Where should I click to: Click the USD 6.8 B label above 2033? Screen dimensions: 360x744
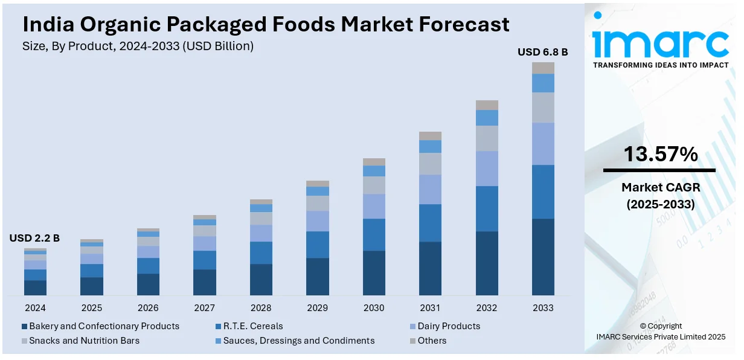pyautogui.click(x=542, y=53)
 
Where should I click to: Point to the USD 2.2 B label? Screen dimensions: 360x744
pyautogui.click(x=34, y=239)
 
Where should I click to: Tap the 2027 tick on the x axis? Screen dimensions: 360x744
pyautogui.click(x=204, y=308)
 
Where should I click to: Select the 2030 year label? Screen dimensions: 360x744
pyautogui.click(x=374, y=308)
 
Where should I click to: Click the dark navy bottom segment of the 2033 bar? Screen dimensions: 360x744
pyautogui.click(x=543, y=257)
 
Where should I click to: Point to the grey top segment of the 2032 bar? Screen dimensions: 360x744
pyautogui.click(x=487, y=105)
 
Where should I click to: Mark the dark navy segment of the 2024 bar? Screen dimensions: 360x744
pyautogui.click(x=35, y=288)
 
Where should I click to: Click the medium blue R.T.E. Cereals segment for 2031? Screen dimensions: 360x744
pyautogui.click(x=430, y=223)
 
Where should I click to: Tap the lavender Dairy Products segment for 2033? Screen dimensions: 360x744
pyautogui.click(x=543, y=144)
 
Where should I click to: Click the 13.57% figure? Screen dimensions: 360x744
pyautogui.click(x=660, y=155)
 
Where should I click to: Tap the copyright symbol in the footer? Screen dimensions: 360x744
pyautogui.click(x=643, y=326)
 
